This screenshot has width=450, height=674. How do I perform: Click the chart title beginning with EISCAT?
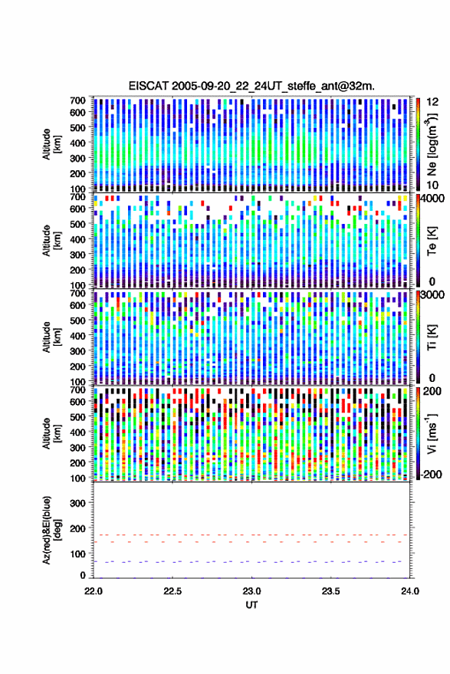(251, 86)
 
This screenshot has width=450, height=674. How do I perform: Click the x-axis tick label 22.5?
(172, 591)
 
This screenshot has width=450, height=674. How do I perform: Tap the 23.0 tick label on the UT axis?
(251, 591)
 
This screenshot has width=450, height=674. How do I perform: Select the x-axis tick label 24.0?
(410, 591)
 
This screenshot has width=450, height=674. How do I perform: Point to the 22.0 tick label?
(94, 591)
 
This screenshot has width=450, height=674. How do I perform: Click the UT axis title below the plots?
(251, 605)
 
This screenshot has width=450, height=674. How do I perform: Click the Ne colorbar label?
(432, 144)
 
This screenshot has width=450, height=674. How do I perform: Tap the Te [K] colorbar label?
(432, 242)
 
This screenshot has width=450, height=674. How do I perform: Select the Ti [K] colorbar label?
(432, 337)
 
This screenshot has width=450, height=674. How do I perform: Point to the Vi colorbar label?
(432, 434)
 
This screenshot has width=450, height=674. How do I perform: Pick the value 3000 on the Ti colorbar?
(432, 294)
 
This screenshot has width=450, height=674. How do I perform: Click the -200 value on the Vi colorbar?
(430, 475)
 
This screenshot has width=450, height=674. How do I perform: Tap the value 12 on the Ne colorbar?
(432, 102)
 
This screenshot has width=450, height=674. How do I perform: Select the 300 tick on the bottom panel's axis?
(77, 503)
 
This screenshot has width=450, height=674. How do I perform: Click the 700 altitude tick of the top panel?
(77, 100)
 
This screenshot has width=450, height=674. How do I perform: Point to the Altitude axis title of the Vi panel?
(51, 433)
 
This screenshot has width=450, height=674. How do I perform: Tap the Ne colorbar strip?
(418, 144)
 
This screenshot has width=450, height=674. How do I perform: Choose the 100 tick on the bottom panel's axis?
(77, 554)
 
